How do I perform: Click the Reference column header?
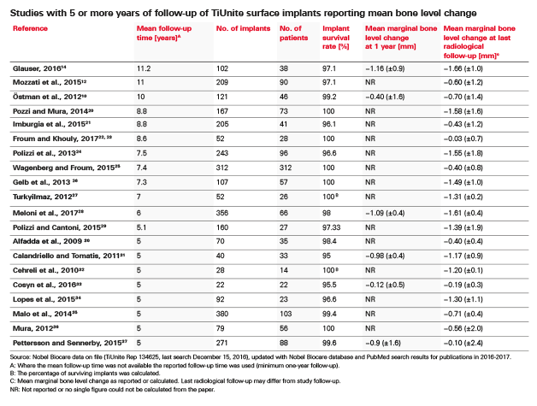click(31, 27)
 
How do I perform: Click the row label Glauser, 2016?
click(38, 66)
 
